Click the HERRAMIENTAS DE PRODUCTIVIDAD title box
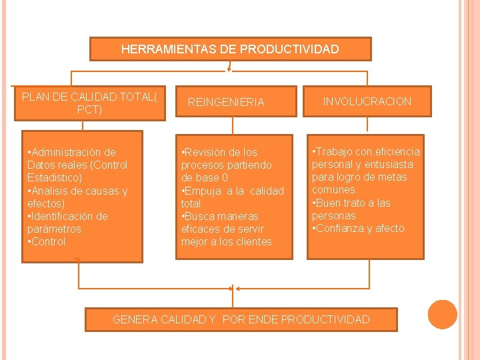[230, 49]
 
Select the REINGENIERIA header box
[225, 102]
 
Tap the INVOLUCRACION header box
[367, 101]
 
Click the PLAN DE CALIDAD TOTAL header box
[89, 103]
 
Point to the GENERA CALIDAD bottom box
[241, 319]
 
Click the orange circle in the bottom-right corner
[442, 315]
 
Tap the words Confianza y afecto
[361, 228]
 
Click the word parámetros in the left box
[55, 229]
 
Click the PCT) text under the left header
[89, 109]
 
